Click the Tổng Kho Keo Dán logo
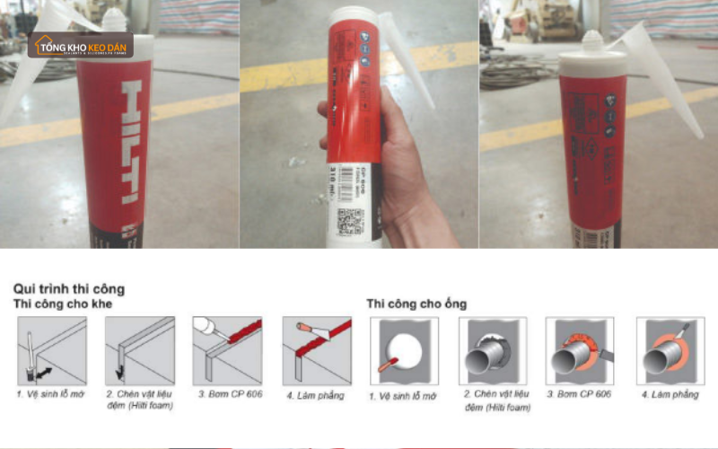(80, 46)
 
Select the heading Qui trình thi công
(69, 288)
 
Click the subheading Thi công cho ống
(416, 304)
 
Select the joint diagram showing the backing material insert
(139, 350)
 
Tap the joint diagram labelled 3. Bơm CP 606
(227, 350)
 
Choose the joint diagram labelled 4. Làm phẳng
(317, 350)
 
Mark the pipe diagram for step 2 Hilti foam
(493, 350)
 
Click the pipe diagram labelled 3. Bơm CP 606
(580, 350)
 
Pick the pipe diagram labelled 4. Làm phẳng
(670, 350)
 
